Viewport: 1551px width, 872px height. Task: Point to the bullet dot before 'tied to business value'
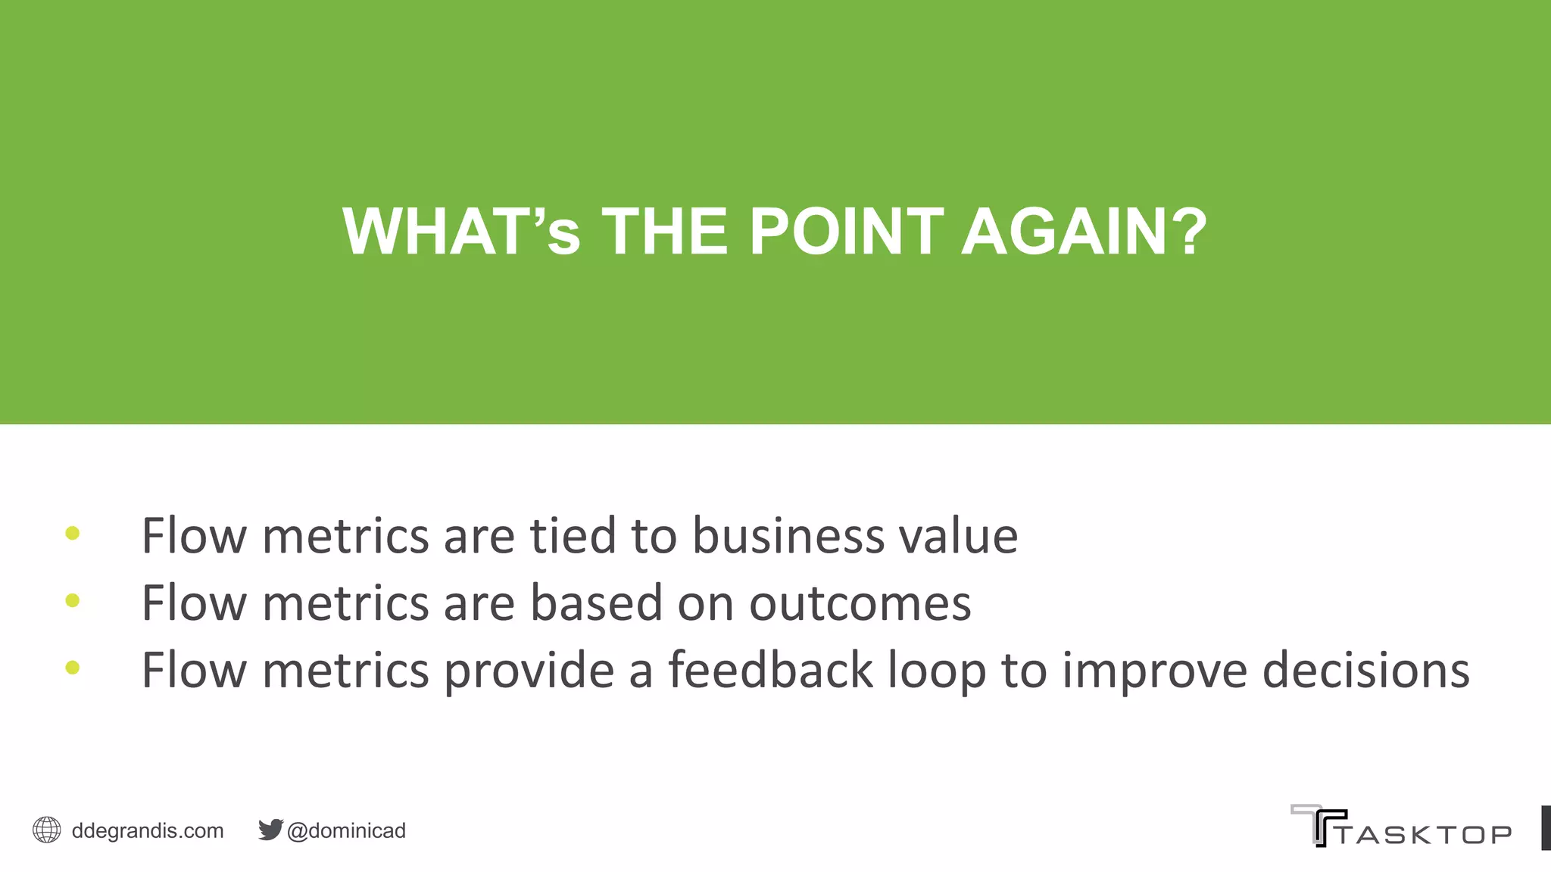(x=73, y=534)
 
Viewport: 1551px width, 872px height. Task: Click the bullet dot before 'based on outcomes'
(x=73, y=601)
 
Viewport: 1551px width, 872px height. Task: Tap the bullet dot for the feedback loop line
(x=73, y=668)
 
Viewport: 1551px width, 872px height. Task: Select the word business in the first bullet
(x=788, y=536)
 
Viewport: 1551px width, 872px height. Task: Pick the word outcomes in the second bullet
(x=860, y=604)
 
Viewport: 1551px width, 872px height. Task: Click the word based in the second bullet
(x=595, y=603)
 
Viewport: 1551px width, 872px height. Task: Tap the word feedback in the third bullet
(x=770, y=670)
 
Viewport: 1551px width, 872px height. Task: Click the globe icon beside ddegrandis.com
(x=47, y=830)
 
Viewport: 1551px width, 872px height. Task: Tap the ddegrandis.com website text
(x=148, y=830)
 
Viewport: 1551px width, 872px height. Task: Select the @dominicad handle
(x=346, y=830)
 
